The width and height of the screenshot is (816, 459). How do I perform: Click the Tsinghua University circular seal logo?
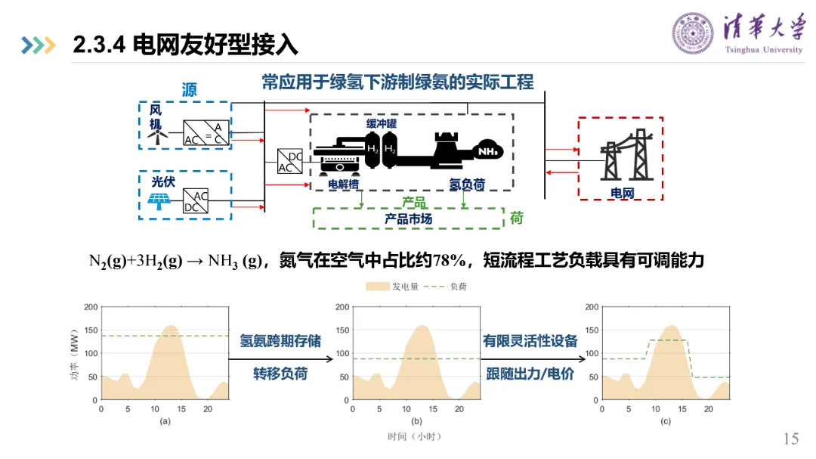(x=693, y=33)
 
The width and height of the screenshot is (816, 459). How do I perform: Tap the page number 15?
(x=791, y=439)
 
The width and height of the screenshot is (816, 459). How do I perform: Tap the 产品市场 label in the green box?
(x=408, y=219)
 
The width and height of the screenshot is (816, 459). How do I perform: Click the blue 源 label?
(x=189, y=90)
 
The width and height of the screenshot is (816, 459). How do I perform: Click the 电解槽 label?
(x=344, y=184)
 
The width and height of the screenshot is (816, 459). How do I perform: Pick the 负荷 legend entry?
(x=446, y=287)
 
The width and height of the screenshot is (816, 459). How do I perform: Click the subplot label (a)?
(x=165, y=420)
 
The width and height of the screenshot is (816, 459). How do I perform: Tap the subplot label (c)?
(x=665, y=420)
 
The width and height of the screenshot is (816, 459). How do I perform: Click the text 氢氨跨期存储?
(x=280, y=341)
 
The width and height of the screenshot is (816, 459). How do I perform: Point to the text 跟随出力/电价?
(x=530, y=374)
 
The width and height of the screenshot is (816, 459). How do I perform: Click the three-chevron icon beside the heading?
(x=39, y=45)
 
